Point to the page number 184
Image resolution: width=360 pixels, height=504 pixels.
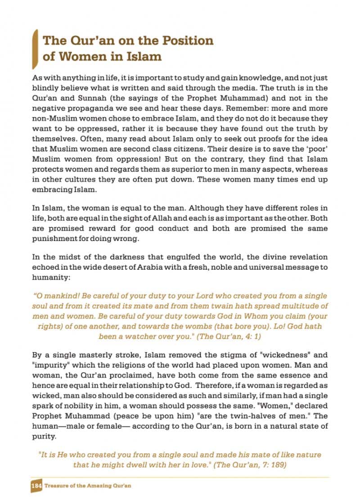point(36,486)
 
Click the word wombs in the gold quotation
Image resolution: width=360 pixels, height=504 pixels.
point(226,326)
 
